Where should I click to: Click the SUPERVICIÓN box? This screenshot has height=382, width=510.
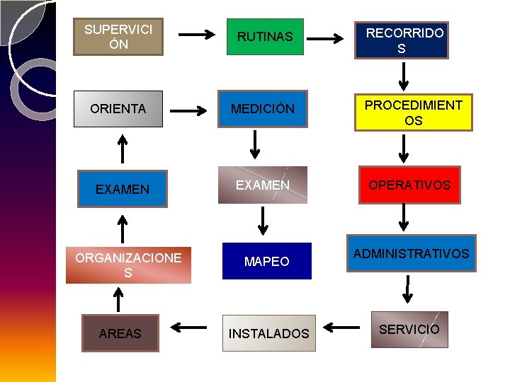(x=118, y=37)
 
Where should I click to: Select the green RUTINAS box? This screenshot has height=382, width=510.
(x=265, y=37)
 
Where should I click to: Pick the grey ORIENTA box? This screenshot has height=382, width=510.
(x=118, y=109)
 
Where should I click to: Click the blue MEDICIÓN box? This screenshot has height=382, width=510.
(x=262, y=109)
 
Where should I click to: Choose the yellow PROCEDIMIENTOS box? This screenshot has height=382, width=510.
(x=413, y=112)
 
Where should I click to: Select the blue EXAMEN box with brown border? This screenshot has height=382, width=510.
(x=123, y=189)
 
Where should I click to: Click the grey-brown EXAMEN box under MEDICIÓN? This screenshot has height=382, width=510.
(x=263, y=185)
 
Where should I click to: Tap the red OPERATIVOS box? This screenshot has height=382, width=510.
(x=409, y=185)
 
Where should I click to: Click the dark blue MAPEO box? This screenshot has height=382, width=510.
(x=266, y=261)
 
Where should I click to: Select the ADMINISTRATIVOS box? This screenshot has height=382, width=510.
(x=411, y=253)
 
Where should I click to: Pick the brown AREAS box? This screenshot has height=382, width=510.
(x=120, y=333)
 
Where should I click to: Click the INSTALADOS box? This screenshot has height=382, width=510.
(x=268, y=333)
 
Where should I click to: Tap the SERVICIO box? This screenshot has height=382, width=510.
(x=409, y=329)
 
